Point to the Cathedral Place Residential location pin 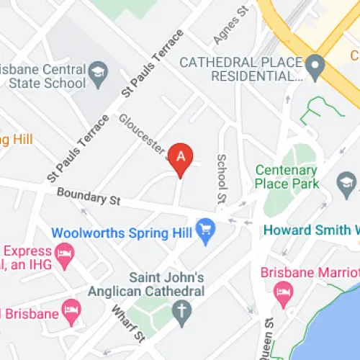click(x=313, y=69)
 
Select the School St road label click(x=222, y=179)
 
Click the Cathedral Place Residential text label click(x=240, y=69)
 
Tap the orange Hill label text click(x=14, y=138)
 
